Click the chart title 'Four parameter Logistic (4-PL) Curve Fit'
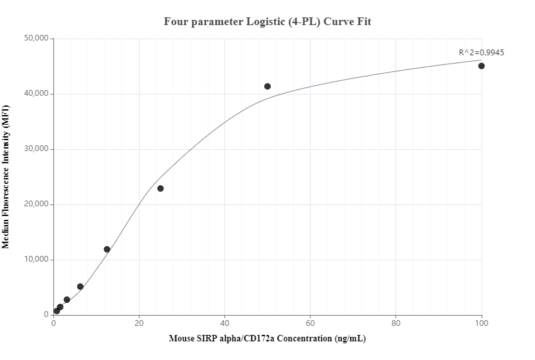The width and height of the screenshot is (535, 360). (267, 21)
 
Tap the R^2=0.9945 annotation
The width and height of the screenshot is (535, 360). (481, 53)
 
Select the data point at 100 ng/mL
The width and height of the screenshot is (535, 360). (482, 66)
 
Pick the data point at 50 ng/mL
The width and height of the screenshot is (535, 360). (267, 86)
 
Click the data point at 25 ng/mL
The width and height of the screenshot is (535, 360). (161, 188)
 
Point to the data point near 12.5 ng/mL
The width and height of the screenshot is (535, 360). (107, 249)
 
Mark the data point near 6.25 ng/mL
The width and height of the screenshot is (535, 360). (80, 287)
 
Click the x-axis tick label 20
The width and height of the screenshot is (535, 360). (140, 323)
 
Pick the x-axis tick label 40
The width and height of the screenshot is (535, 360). (225, 323)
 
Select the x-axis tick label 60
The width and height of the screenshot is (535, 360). (311, 323)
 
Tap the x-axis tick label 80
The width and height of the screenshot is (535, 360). (396, 323)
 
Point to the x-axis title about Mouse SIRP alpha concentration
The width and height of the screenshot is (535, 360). (267, 338)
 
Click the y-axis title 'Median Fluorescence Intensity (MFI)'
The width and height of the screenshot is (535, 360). (6, 177)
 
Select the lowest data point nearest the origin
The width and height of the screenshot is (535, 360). (57, 311)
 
